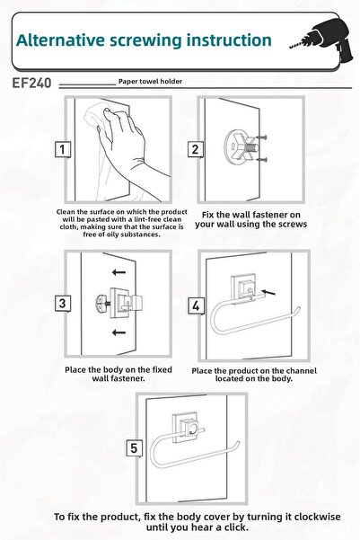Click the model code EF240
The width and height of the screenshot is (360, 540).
[x=31, y=83]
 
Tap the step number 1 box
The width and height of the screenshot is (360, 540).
[x=62, y=149]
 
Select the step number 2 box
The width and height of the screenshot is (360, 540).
[x=195, y=149]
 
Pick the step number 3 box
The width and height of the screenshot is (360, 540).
[x=62, y=304]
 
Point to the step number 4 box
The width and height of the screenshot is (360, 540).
[x=196, y=305]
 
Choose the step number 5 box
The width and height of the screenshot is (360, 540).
[x=134, y=448]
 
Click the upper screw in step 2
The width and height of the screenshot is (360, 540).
[x=262, y=137]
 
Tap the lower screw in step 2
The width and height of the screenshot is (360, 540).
[x=262, y=159]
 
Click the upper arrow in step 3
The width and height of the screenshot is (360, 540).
[x=119, y=273]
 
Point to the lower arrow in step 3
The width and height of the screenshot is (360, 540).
[x=119, y=332]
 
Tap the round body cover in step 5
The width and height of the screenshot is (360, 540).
[x=192, y=429]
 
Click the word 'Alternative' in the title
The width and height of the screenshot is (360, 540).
[x=60, y=40]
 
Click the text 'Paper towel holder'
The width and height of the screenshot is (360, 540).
[x=150, y=82]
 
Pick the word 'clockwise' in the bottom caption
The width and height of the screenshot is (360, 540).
[x=317, y=517]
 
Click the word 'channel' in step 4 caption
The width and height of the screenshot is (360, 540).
[x=301, y=371]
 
